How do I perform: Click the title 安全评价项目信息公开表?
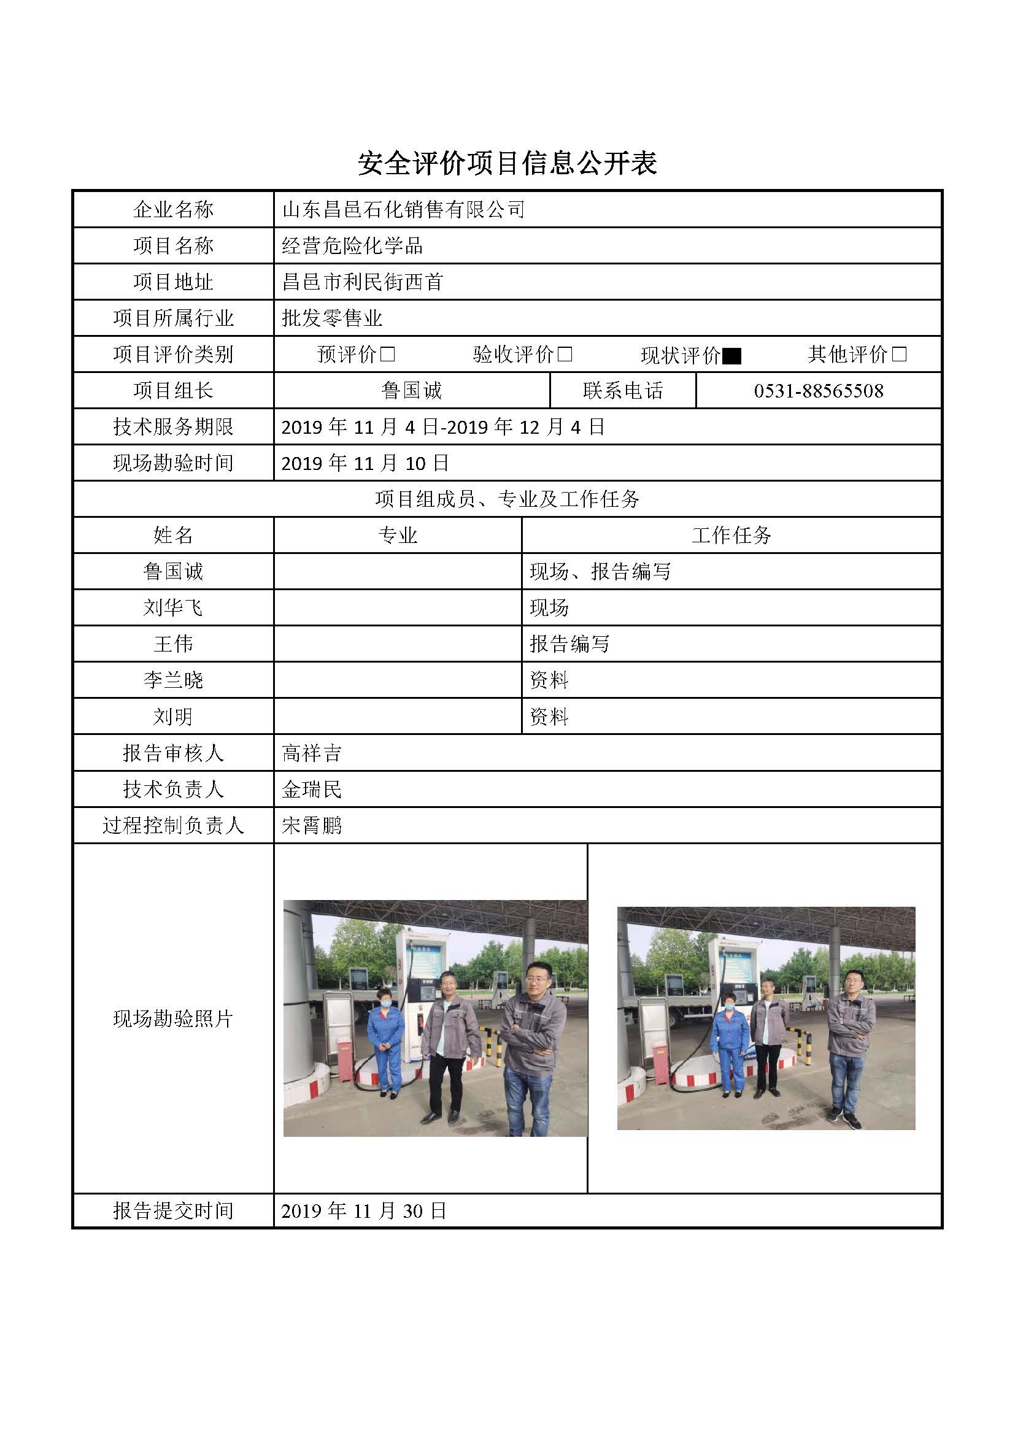tap(507, 163)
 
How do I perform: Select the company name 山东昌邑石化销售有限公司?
tap(403, 209)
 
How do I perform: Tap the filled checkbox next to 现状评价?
tap(731, 356)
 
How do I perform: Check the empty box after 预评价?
tap(387, 355)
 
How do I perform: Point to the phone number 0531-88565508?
tap(818, 391)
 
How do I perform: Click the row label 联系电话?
tap(622, 391)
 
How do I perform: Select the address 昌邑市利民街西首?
tap(363, 282)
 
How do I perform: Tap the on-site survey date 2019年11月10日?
tap(365, 463)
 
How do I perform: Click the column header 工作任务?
tap(731, 536)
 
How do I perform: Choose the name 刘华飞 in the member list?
tap(173, 607)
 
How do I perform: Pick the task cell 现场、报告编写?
tap(600, 572)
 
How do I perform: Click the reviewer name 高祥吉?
tap(311, 753)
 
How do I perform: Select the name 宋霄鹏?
tap(311, 826)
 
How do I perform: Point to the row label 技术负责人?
tap(173, 790)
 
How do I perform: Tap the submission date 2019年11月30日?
tap(363, 1211)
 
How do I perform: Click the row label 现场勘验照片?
tap(173, 1019)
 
